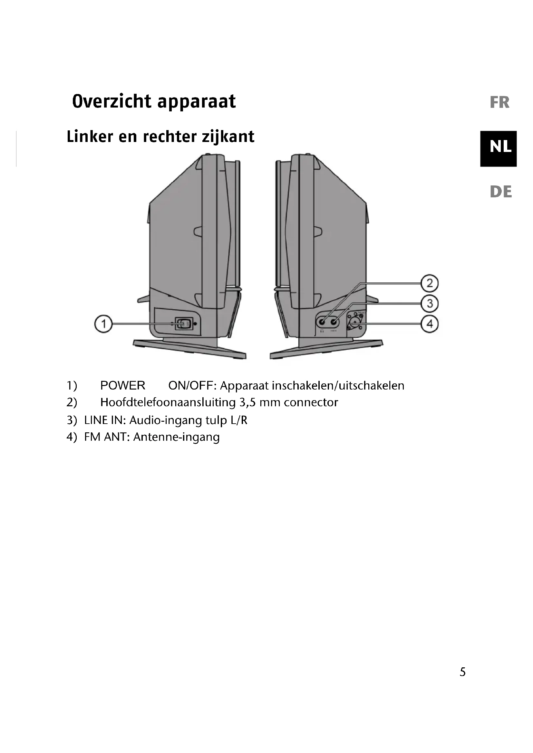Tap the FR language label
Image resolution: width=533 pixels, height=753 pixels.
[499, 102]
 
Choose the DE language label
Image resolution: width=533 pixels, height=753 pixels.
[500, 192]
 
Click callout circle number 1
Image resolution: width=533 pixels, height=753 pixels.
[103, 324]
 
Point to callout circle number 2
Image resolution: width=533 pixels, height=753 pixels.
[430, 283]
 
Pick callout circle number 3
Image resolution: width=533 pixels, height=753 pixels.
[430, 304]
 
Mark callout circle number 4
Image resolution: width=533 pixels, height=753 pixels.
[430, 324]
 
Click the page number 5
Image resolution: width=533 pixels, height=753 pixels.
[462, 672]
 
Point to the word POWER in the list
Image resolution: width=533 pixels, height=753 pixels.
[123, 385]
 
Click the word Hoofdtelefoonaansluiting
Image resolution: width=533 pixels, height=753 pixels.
[168, 402]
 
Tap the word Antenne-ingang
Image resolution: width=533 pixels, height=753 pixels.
[176, 437]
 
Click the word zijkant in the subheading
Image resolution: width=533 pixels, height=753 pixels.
[228, 137]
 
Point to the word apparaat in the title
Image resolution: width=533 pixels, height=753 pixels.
[196, 102]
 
